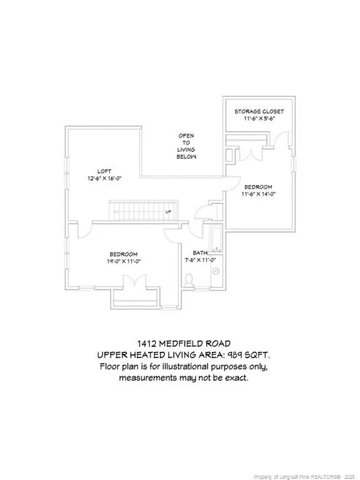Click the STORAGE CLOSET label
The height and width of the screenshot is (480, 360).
[259, 111]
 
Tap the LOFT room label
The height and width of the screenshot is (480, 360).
[104, 171]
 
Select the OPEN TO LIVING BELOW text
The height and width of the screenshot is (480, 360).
[186, 146]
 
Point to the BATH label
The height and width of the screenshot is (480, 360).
[200, 253]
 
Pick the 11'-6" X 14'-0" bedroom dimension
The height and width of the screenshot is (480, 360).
[258, 194]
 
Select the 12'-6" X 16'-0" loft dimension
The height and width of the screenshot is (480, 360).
[105, 179]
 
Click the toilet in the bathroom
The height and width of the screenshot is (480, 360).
[189, 280]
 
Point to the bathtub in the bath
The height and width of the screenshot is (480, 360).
[217, 239]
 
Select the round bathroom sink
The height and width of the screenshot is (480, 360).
[216, 271]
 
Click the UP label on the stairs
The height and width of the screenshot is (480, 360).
[168, 211]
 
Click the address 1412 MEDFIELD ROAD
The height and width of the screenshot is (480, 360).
[183, 344]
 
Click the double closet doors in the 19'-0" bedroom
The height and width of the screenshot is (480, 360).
[135, 281]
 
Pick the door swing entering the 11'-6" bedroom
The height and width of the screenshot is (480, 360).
[233, 184]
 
